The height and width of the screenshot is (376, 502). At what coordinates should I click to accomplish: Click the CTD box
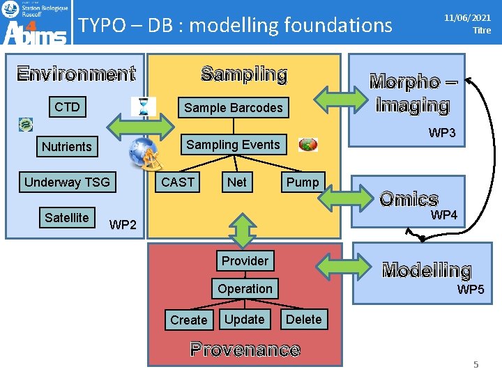[68, 107]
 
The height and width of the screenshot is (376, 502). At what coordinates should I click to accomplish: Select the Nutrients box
[66, 146]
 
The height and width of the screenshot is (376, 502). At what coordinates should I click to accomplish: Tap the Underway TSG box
[67, 182]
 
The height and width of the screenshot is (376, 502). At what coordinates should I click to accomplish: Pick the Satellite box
[66, 218]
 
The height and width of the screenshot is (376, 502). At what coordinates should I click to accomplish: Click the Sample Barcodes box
[233, 107]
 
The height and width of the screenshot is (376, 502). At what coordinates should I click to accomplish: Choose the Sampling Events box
[233, 145]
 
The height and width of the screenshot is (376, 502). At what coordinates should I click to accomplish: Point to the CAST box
[178, 182]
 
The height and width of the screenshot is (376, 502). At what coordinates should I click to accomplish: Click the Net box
[237, 182]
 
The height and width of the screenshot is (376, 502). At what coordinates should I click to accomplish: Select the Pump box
[303, 182]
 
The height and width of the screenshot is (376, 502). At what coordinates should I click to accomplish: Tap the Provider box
[245, 261]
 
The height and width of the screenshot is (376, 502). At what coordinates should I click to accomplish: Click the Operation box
[245, 288]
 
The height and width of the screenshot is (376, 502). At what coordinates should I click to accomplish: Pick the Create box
[189, 320]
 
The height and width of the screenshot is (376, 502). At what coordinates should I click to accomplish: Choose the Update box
[245, 320]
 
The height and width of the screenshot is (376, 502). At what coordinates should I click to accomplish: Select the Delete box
[304, 320]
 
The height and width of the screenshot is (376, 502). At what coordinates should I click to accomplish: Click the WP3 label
[442, 133]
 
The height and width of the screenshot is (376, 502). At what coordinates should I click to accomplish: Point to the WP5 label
[471, 290]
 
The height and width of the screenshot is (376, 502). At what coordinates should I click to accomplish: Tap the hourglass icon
[144, 106]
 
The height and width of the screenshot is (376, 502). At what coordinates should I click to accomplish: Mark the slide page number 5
[476, 364]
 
